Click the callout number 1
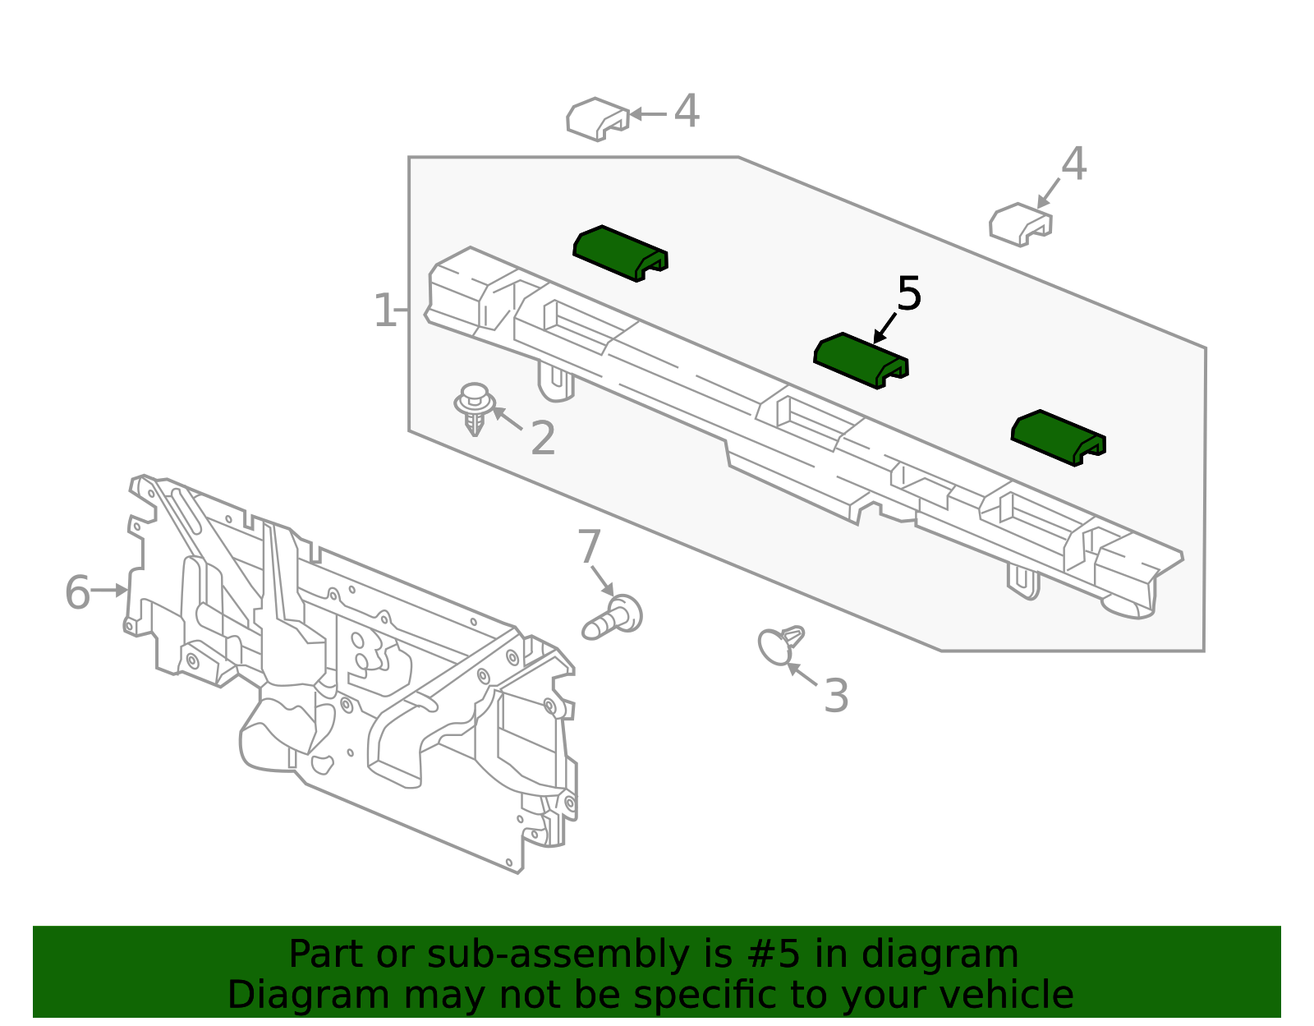click(384, 311)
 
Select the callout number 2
click(542, 439)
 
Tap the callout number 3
click(836, 695)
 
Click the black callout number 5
click(909, 294)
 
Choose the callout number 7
click(589, 546)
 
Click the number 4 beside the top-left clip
click(687, 111)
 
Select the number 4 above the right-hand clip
click(1074, 163)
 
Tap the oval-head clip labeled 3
click(779, 646)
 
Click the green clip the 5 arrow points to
click(861, 361)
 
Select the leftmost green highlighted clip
click(620, 253)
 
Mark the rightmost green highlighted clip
click(1059, 438)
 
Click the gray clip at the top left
click(597, 119)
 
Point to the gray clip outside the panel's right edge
click(1021, 224)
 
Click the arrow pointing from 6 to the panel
click(109, 590)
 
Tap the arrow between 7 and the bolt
click(603, 582)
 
